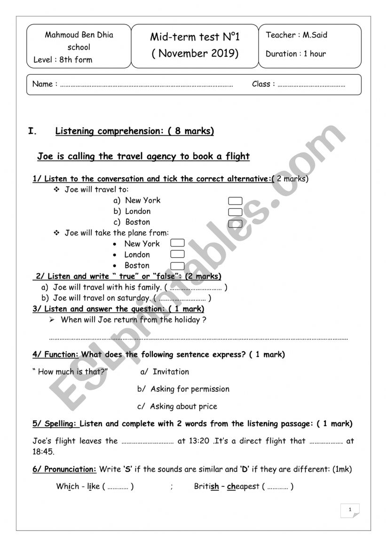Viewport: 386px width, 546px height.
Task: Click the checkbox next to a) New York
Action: [235, 201]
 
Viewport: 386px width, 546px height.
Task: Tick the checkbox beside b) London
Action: [235, 212]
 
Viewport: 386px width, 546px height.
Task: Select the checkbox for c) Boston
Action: [235, 223]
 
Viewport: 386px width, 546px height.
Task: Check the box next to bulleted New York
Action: [177, 243]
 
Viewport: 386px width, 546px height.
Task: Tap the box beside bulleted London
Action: [177, 254]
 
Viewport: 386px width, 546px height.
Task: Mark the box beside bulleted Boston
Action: [177, 265]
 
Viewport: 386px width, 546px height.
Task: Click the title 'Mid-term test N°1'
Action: [195, 37]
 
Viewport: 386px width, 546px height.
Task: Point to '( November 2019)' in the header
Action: [195, 53]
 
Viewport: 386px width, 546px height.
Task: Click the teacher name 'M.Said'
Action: [315, 35]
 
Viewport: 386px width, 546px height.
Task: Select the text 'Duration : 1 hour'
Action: [296, 54]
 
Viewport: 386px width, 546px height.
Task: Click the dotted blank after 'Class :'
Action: [311, 85]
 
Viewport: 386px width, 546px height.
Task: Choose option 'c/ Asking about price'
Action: [177, 406]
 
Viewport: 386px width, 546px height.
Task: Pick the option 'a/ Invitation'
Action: [165, 372]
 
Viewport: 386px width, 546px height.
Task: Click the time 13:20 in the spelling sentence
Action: [200, 441]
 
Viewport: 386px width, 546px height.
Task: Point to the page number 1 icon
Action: [350, 510]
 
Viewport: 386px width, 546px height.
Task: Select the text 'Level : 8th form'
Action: [63, 60]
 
